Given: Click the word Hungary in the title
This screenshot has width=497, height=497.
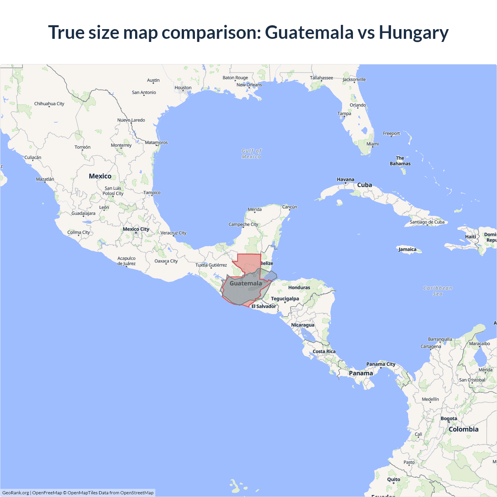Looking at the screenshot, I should tap(414, 33).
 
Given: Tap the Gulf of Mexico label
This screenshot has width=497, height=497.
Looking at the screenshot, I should tap(251, 154).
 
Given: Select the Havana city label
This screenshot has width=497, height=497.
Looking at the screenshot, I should tap(345, 179).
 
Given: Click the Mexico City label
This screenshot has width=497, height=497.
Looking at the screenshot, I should tap(136, 229).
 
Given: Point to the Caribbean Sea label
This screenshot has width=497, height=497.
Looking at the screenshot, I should tap(438, 291).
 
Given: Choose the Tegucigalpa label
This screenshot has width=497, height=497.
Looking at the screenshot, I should tap(285, 299).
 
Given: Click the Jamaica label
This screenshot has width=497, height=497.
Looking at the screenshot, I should tap(407, 249).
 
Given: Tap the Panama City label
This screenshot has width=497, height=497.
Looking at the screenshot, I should tap(381, 364).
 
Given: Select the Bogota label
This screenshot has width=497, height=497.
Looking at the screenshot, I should tap(449, 419).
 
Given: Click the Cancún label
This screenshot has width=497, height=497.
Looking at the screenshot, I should tap(290, 207).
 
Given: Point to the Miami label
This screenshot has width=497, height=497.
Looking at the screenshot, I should tap(372, 144).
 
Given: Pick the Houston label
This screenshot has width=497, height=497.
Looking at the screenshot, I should tap(183, 88).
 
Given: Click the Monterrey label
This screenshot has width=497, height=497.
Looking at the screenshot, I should tap(121, 145).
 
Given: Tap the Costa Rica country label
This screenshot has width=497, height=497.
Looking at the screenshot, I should tap(324, 351).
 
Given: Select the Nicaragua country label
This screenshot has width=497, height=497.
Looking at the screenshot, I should tap(302, 325).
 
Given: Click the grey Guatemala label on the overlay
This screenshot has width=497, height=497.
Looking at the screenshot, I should tap(245, 283).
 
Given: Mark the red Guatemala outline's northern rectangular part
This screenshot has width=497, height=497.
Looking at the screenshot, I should tap(249, 262).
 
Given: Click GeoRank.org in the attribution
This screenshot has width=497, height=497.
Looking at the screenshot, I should tap(16, 493).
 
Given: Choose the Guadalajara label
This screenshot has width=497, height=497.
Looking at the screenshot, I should tap(83, 213).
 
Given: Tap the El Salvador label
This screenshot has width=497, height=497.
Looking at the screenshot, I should tap(264, 306).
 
